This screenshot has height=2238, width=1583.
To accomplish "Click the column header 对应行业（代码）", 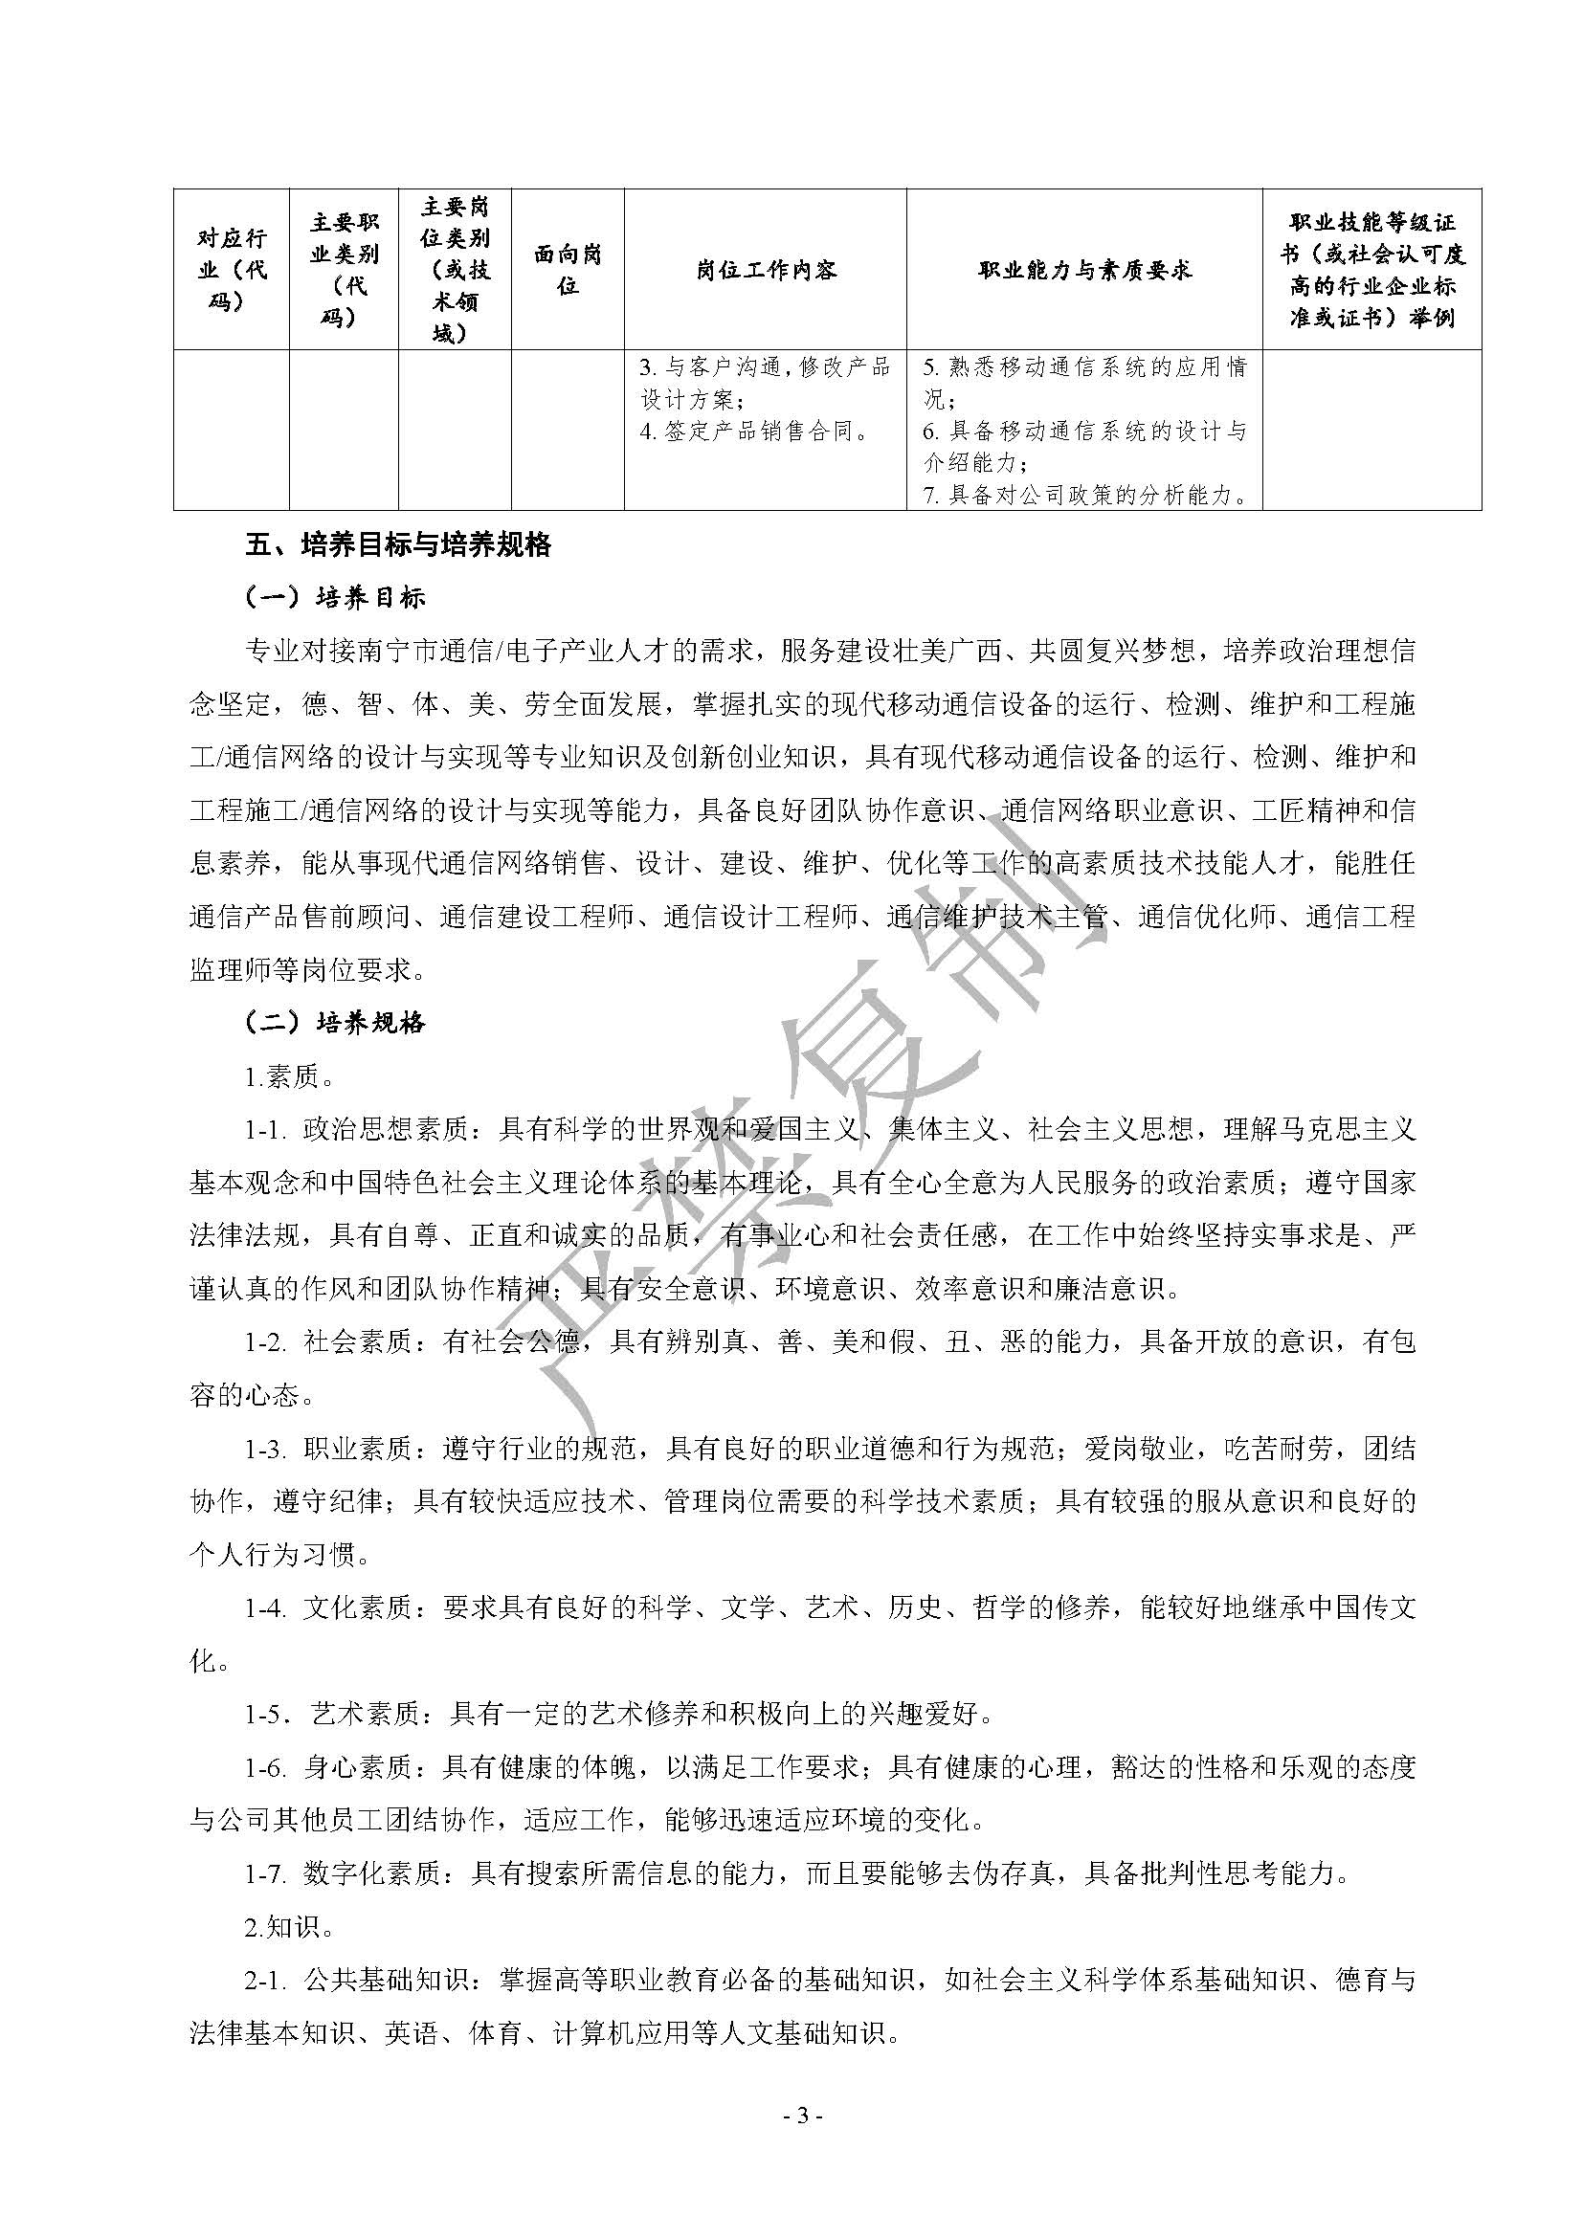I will tap(231, 270).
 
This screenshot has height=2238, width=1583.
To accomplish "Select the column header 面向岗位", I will tap(568, 270).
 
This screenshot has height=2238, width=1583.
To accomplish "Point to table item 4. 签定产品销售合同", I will tap(754, 432).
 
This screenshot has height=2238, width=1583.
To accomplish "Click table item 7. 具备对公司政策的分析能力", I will tap(1085, 496).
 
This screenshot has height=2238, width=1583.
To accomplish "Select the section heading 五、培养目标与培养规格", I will tap(399, 544).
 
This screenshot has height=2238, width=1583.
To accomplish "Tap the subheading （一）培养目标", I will tap(335, 598).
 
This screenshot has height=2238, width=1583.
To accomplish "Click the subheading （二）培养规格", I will tap(335, 1024).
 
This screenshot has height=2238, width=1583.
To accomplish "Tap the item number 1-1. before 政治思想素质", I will tap(265, 1131).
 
